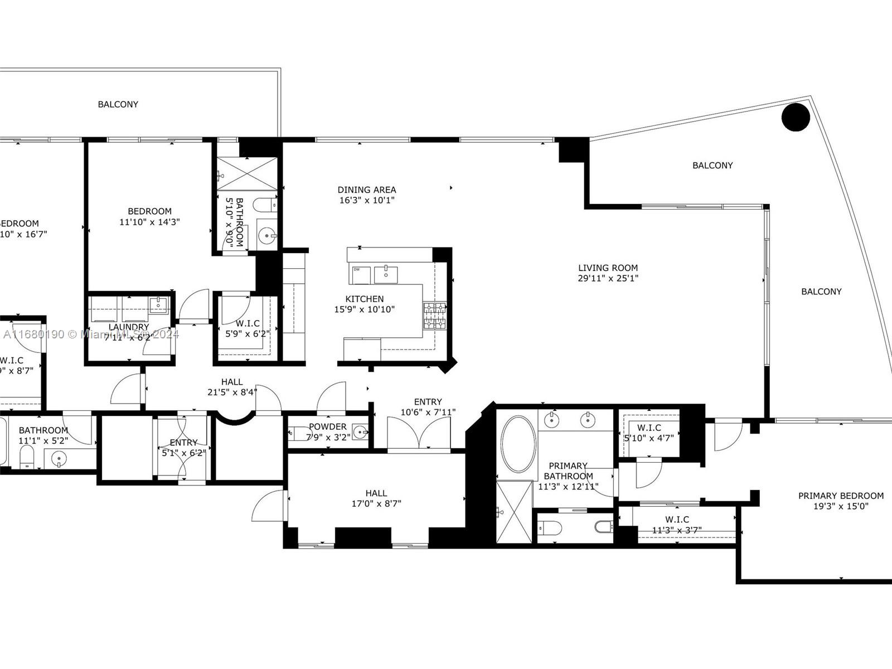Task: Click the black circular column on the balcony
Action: (x=796, y=117)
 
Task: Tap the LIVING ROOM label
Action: (x=608, y=268)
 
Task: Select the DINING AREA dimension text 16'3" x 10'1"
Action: (x=366, y=200)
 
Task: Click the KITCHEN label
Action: (x=365, y=299)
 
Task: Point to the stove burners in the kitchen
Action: (x=434, y=316)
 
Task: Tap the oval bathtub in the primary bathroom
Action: (x=518, y=444)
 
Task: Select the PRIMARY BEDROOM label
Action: (x=841, y=496)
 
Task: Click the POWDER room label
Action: (x=328, y=426)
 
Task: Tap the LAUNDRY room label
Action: (x=129, y=327)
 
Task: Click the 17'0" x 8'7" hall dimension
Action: (x=376, y=503)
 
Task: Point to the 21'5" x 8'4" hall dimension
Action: (x=232, y=392)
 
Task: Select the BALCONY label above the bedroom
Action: (x=118, y=104)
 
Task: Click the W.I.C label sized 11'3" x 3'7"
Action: (x=677, y=520)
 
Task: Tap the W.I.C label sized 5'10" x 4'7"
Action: (x=649, y=428)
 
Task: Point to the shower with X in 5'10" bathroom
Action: (x=246, y=175)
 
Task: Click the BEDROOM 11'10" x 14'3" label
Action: (x=149, y=211)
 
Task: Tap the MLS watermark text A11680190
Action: (x=33, y=334)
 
